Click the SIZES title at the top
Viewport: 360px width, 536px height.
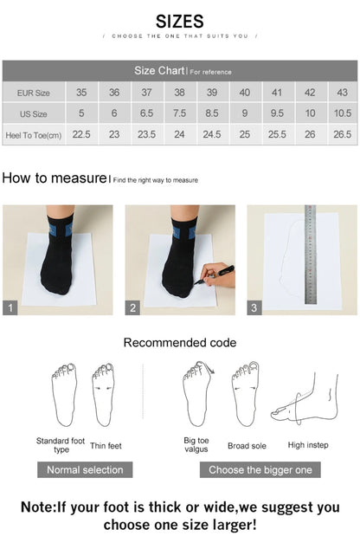click(180, 22)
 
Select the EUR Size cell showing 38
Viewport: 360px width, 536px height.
click(179, 93)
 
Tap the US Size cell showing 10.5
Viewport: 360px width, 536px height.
click(343, 113)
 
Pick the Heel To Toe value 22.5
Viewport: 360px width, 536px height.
click(81, 134)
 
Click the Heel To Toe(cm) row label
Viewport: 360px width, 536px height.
click(34, 135)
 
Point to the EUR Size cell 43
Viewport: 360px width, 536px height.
click(343, 93)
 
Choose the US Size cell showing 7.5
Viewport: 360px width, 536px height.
click(179, 113)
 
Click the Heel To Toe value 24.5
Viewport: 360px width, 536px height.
click(212, 134)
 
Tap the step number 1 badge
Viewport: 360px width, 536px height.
click(10, 307)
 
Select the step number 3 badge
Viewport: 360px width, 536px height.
click(254, 307)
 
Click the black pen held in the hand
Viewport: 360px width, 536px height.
click(215, 274)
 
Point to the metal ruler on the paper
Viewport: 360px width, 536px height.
click(310, 255)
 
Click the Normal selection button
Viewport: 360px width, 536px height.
click(85, 469)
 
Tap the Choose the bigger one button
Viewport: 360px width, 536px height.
click(260, 469)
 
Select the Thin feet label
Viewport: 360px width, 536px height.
click(106, 445)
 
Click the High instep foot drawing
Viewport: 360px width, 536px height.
click(305, 398)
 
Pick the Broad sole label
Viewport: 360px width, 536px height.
click(247, 446)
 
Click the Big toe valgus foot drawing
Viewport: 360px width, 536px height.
click(197, 394)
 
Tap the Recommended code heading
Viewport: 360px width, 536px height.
click(180, 343)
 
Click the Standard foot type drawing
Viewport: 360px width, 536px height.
click(64, 395)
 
